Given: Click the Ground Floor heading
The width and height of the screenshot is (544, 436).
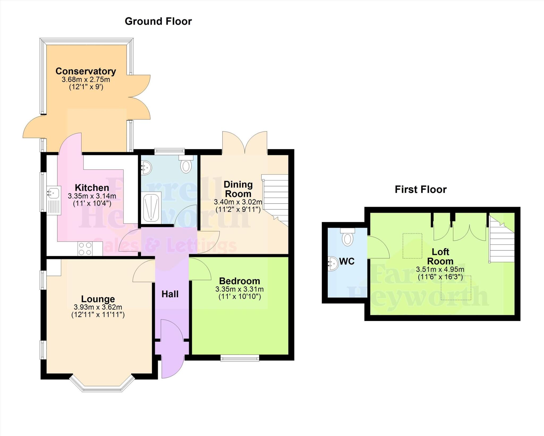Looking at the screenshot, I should pos(158,21).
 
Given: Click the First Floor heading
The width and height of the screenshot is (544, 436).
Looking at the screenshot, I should pos(420,189).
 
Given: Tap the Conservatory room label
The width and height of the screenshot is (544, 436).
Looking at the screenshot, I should pos(86,71).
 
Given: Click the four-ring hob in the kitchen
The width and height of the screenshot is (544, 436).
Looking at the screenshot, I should pos(85,249).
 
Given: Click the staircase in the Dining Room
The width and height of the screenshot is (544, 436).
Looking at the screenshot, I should pos(276,199).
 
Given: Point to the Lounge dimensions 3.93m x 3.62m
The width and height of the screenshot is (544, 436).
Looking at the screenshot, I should pos(98,307).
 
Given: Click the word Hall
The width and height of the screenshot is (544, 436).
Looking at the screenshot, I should pos(170,294).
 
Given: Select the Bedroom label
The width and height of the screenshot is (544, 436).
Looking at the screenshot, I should pos(239,281).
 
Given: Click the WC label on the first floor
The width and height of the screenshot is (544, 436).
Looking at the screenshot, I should pos(347,261).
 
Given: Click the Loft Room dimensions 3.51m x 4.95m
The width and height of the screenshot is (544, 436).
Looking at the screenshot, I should pos(440,269).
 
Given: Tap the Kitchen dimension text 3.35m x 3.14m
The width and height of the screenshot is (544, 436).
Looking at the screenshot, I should pos(92,196).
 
